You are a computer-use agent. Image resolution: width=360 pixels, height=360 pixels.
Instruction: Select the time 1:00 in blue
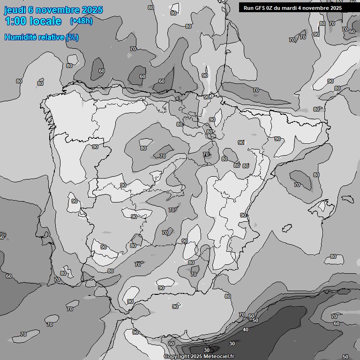[15, 21]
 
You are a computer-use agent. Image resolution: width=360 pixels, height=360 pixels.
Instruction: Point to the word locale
[45, 21]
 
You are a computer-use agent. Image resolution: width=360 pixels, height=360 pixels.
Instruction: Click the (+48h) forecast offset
[81, 21]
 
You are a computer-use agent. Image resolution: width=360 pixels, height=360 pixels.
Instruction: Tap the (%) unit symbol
[72, 37]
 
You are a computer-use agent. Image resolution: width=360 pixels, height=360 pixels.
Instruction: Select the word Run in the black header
[248, 8]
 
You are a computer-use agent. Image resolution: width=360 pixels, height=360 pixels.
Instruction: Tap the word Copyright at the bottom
[177, 357]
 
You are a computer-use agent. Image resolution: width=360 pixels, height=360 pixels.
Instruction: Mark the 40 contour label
[246, 330]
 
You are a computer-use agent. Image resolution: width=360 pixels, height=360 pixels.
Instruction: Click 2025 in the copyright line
[198, 357]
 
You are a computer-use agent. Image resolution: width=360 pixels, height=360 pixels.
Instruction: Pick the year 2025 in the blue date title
[91, 10]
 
